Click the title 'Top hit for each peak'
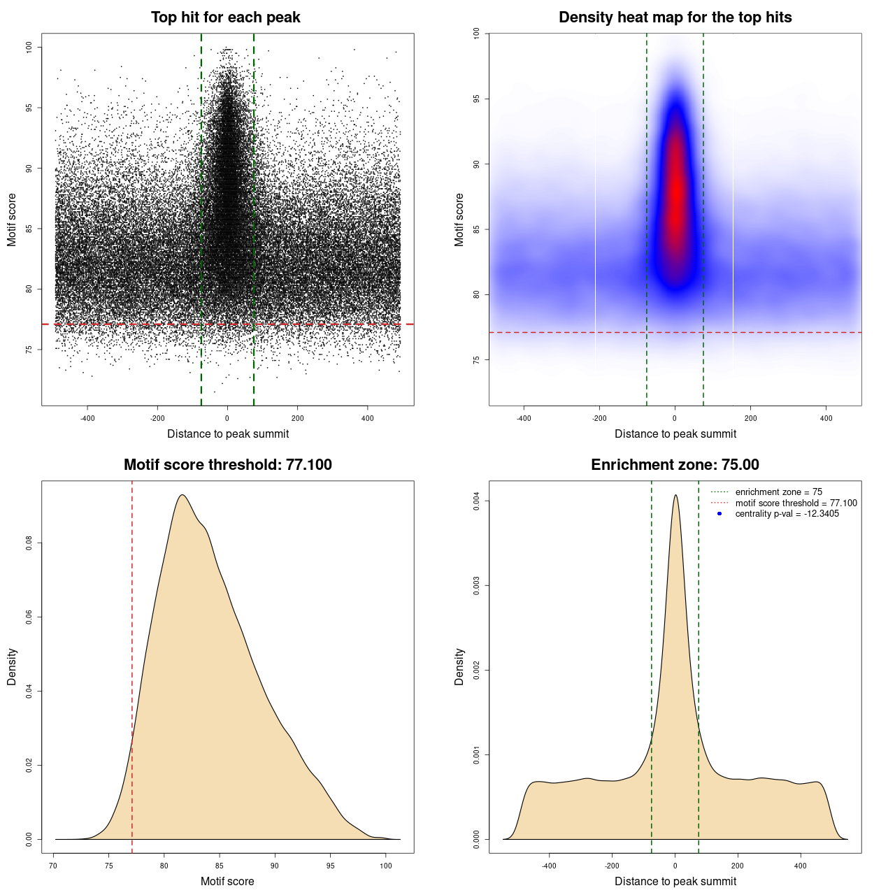coord(225,17)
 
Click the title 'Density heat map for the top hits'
coord(675,17)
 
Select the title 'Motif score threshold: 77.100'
coord(227,465)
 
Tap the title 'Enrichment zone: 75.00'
coord(675,465)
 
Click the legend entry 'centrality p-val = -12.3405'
coord(787,514)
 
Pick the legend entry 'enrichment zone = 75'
coord(778,492)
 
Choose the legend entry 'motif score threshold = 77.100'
coord(796,503)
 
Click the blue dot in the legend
coord(719,514)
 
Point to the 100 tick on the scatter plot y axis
coord(29,47)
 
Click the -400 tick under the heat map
coord(524,418)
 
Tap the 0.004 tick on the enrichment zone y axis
coord(477,501)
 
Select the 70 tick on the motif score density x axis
coord(54,866)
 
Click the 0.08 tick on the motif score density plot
coord(29,543)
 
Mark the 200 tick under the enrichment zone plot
coord(738,866)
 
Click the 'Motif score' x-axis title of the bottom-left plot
coord(227,881)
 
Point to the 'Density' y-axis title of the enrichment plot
coord(459,666)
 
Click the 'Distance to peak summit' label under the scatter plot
coord(228,434)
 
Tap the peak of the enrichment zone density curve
coord(675,495)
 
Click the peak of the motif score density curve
coord(182,495)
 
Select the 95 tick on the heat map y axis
coord(477,99)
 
